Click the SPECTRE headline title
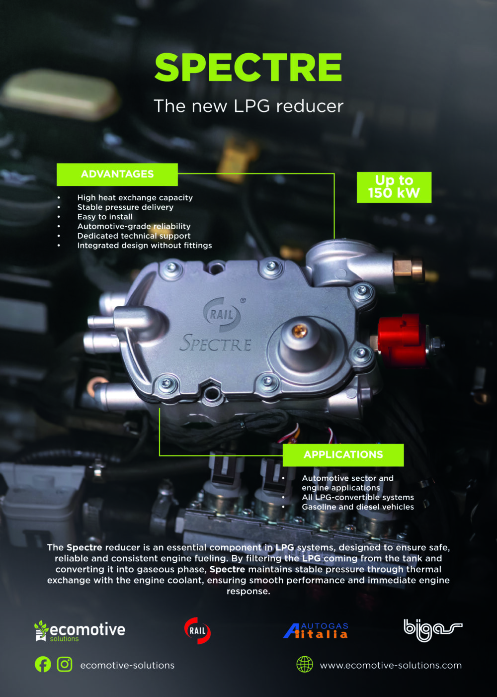pos(248,67)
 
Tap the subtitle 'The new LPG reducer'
pos(248,106)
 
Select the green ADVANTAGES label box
pos(117,174)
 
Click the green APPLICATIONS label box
pos(343,455)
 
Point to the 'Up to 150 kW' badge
pos(394,187)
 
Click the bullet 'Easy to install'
pos(105,217)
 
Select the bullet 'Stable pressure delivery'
pos(125,207)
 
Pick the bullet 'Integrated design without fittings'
pos(145,246)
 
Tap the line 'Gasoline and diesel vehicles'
pos(358,507)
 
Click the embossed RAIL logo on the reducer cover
pos(222,315)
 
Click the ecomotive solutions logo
pos(80,631)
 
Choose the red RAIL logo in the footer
pos(197,631)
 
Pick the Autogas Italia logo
pos(316,631)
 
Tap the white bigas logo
pos(433,630)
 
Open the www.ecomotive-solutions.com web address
pos(391,665)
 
